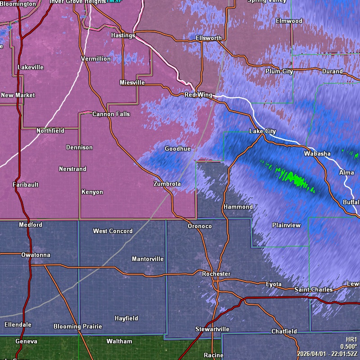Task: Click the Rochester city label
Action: [x=216, y=274]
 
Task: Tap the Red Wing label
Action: [x=198, y=94]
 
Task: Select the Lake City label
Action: [x=262, y=131]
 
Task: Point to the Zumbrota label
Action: [x=167, y=184]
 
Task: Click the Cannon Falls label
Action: [x=111, y=114]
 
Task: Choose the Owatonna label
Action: [x=36, y=255]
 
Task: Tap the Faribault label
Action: [x=26, y=184]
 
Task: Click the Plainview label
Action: [x=286, y=225]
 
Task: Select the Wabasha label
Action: [x=317, y=153]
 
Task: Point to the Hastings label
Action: [x=123, y=35]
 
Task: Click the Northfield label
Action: [x=50, y=130]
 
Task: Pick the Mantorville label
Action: [x=148, y=259]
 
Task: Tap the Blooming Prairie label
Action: [x=78, y=326]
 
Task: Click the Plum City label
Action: [x=279, y=71]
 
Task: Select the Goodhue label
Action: [x=177, y=148]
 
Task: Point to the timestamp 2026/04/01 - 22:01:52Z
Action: [x=327, y=354]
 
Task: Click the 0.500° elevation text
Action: [x=349, y=346]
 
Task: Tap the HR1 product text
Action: [x=351, y=339]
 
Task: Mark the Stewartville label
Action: [x=212, y=329]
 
